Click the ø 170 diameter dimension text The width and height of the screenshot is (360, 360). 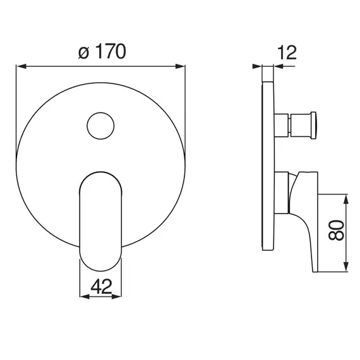[102, 51]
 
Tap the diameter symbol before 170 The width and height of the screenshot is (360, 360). [83, 53]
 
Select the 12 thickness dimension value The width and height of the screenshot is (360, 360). [287, 52]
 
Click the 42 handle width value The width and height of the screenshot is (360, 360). [101, 286]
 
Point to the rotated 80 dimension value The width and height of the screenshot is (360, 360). [337, 230]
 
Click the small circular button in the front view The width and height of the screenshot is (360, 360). [100, 126]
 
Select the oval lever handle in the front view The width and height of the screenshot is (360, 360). [100, 221]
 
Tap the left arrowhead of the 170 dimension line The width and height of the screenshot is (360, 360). [21, 66]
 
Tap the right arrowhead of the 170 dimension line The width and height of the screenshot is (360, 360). [180, 66]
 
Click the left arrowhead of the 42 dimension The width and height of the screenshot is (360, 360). [84, 297]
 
